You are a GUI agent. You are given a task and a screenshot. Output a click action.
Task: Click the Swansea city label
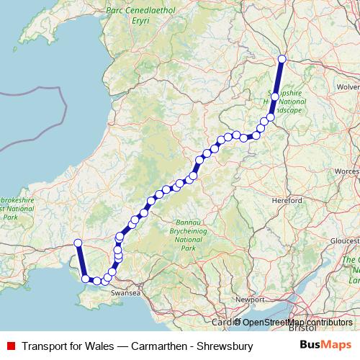pyautogui.click(x=125, y=294)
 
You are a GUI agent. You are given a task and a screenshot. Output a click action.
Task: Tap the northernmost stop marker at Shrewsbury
pyautogui.click(x=282, y=59)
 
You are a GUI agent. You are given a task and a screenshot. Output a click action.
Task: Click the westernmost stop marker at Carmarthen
pyautogui.click(x=78, y=243)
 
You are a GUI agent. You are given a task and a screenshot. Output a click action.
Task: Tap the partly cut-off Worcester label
pyautogui.click(x=347, y=171)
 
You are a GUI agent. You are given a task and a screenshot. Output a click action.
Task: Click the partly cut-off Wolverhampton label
pyautogui.click(x=348, y=86)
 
